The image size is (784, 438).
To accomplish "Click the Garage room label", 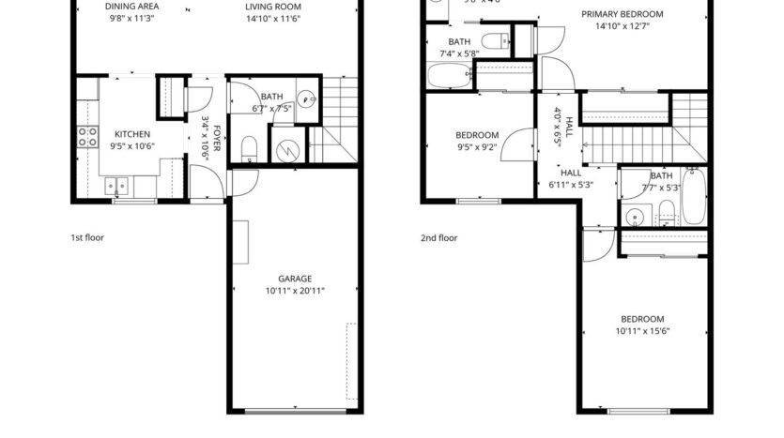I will tap(294, 279).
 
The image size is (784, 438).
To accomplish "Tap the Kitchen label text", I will tap(132, 133).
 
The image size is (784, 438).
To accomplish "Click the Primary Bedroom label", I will tap(622, 14).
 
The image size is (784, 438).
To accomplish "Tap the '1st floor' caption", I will tap(87, 238).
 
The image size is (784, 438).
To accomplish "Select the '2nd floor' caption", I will tap(438, 238).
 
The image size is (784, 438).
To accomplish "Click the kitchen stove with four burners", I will tap(87, 138).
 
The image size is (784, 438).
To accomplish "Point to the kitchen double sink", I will tap(117, 184).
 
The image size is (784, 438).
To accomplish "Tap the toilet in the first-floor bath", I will tap(250, 147).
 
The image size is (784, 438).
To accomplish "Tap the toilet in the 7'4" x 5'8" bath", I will tap(495, 39).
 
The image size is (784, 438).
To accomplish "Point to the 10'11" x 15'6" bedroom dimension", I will tap(642, 331).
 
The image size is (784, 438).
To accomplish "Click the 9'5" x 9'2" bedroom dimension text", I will tap(477, 146).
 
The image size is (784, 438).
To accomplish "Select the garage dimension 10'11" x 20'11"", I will tap(294, 291).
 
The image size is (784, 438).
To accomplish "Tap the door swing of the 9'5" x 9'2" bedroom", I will tap(515, 146).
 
